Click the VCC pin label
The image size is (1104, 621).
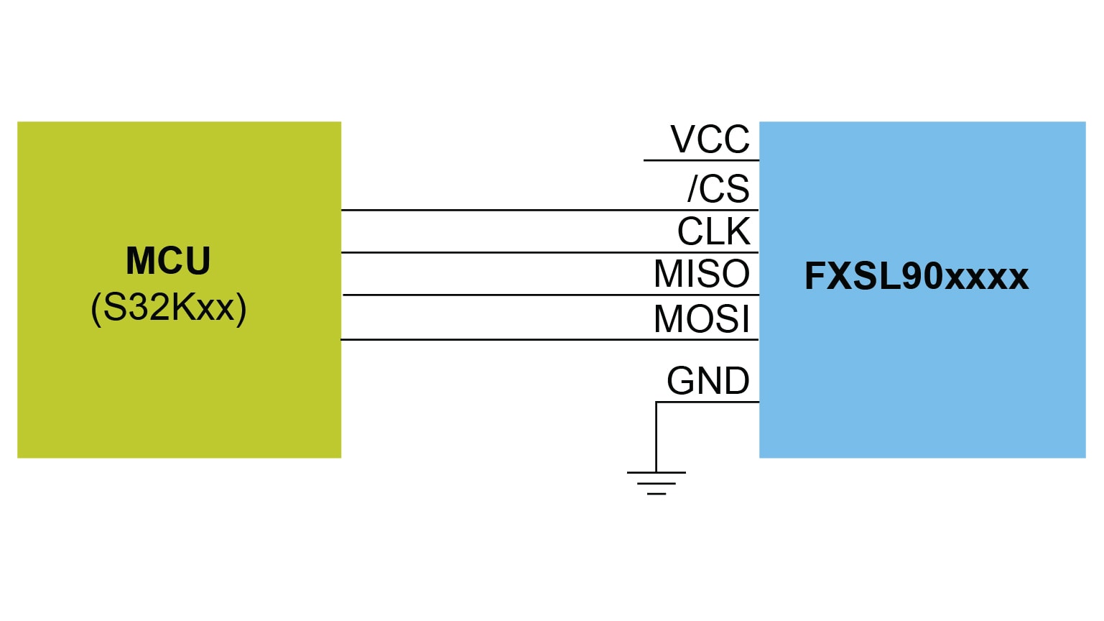tap(710, 139)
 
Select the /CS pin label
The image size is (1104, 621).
tap(718, 189)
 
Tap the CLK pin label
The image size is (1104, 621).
tap(713, 231)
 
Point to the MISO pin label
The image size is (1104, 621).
tap(701, 274)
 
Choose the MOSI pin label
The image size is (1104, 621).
tap(701, 319)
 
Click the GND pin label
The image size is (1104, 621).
tap(708, 381)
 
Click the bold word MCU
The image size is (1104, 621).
tap(168, 261)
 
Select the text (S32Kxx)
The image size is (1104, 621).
tap(169, 308)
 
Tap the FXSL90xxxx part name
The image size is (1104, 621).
tap(916, 277)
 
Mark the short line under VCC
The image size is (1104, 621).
tap(700, 160)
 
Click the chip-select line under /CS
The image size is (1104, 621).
tap(549, 210)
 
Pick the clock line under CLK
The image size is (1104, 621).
tap(549, 252)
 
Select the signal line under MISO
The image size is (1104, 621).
tap(549, 295)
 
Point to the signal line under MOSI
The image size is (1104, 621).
tap(549, 339)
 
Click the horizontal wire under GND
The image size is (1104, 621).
tap(708, 402)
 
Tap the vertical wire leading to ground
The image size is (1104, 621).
tap(656, 437)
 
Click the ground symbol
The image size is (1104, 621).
tap(656, 483)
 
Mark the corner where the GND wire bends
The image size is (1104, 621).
tap(657, 402)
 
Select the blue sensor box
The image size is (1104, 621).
tap(922, 374)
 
